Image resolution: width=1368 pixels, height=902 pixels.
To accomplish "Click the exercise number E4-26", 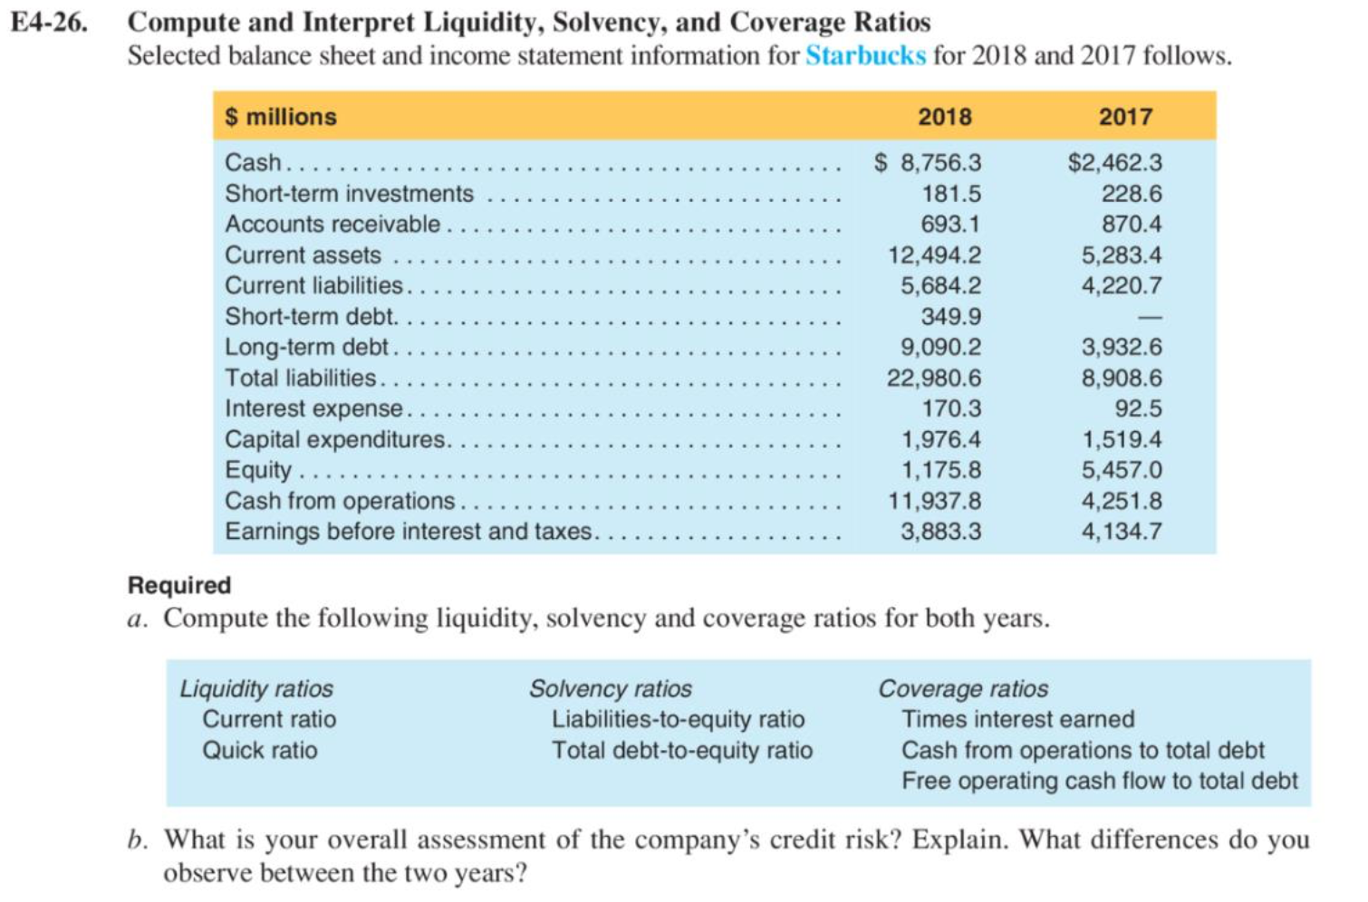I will click(50, 22).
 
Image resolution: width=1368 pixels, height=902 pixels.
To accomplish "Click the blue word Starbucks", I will click(865, 56).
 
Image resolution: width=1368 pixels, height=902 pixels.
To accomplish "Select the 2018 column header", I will click(944, 117).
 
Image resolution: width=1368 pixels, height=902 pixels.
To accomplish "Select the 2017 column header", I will click(1125, 117).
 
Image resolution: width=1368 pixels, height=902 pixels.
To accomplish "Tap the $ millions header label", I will click(281, 117).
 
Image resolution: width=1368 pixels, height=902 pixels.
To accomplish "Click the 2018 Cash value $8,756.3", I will click(928, 163).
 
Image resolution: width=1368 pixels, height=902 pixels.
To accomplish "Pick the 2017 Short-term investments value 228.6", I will click(1132, 194).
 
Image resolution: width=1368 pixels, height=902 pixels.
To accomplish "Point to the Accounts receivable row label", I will click(332, 225).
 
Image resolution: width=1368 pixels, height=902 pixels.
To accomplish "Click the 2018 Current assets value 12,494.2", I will click(934, 255).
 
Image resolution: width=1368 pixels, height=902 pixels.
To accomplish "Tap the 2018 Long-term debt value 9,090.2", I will click(940, 348).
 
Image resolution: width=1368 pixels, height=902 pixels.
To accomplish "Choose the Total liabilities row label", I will click(301, 379).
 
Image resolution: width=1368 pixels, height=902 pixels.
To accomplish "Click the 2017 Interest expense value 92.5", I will click(1138, 409).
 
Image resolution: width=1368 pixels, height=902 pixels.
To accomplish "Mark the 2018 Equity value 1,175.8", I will click(940, 471).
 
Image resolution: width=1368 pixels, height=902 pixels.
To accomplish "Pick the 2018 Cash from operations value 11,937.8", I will click(934, 502).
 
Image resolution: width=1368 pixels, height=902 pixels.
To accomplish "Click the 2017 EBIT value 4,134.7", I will click(1122, 532).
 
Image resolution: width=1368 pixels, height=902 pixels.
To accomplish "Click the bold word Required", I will click(179, 585).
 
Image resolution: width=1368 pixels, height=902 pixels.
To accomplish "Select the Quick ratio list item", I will click(260, 751).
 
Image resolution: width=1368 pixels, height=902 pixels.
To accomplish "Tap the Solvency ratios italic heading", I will click(611, 689).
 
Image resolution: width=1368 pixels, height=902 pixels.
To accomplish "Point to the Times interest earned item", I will click(1017, 720).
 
